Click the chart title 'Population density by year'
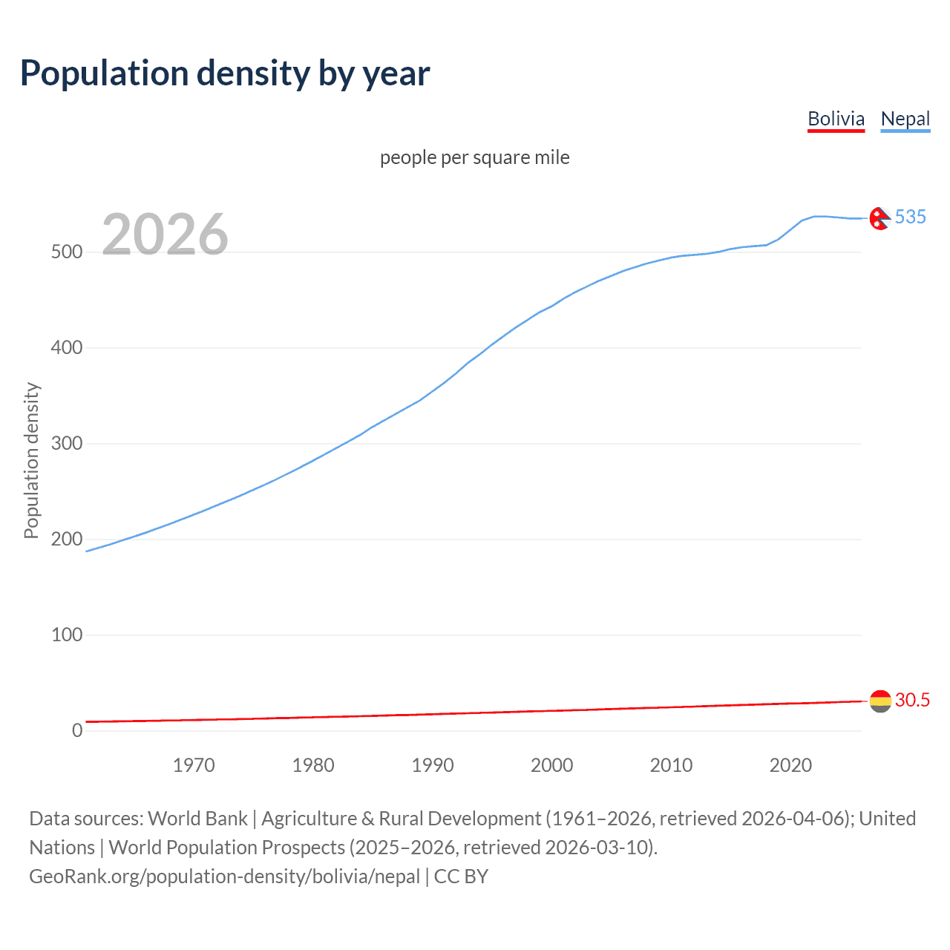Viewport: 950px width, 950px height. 225,73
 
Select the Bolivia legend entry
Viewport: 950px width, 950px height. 836,119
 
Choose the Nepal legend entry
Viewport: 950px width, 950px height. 905,119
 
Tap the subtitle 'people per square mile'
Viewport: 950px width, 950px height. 474,157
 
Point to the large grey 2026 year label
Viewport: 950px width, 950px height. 165,235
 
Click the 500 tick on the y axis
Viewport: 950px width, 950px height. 67,252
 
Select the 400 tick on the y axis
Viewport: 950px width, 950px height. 67,347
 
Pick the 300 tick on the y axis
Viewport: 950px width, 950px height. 67,444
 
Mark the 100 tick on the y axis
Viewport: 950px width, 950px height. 67,635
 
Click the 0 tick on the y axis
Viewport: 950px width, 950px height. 77,730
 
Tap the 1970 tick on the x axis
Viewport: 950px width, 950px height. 194,765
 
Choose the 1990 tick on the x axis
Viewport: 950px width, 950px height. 433,765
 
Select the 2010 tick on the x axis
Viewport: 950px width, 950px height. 671,765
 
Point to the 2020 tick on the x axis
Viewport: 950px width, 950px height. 790,765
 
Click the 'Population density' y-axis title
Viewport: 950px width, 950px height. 31,460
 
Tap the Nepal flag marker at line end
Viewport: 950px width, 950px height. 879,218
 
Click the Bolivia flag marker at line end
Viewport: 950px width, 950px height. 880,701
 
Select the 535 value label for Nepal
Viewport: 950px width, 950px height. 911,217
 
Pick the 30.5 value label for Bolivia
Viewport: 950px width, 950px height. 912,700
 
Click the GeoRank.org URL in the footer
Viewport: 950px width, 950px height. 225,877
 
